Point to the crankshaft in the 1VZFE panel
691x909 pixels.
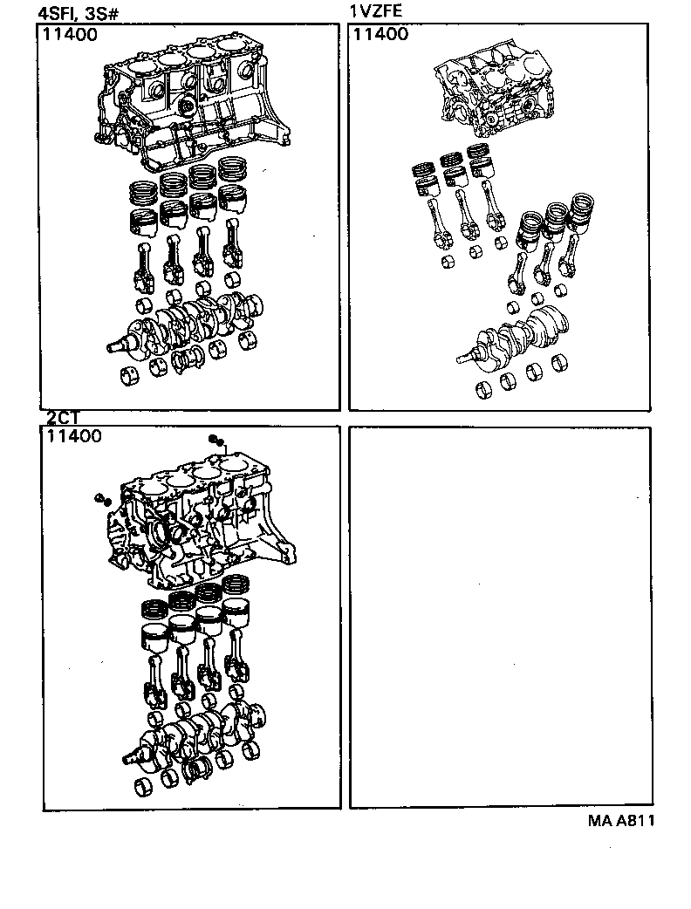[x=515, y=336]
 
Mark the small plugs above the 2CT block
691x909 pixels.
[x=216, y=440]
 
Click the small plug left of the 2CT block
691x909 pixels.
[x=101, y=499]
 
